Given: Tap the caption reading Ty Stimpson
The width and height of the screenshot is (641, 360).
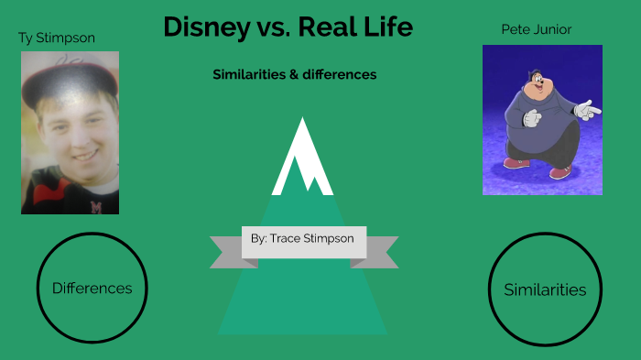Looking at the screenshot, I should pyautogui.click(x=57, y=38).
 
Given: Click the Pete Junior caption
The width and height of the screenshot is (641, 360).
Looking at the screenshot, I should pyautogui.click(x=536, y=30).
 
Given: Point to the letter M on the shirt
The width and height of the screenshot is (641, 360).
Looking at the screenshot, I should pyautogui.click(x=95, y=206).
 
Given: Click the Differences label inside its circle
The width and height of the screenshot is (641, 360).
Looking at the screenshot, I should pyautogui.click(x=92, y=288).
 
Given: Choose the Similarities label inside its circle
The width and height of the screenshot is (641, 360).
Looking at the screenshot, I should pyautogui.click(x=545, y=289).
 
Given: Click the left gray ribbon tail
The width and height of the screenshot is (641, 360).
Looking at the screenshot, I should pyautogui.click(x=225, y=251).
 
